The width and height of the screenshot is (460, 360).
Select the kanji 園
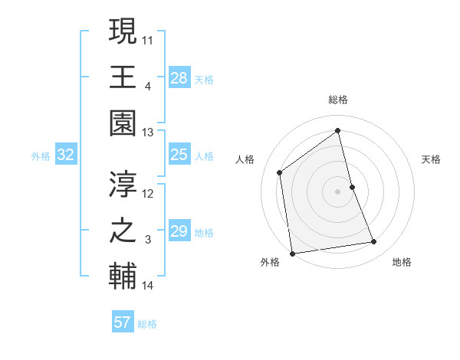click(123, 123)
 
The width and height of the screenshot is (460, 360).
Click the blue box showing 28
click(179, 77)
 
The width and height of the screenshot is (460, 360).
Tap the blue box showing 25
click(179, 155)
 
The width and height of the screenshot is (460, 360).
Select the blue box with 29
click(179, 231)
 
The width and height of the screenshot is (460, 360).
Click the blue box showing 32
click(66, 155)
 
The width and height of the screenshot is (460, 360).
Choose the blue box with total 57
click(123, 322)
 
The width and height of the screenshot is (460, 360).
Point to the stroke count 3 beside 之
click(147, 241)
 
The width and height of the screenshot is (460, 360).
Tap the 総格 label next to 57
click(147, 324)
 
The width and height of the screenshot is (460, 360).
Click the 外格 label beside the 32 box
click(41, 156)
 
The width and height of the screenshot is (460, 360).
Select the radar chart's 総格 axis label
click(338, 100)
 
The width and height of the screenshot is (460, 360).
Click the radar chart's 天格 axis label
click(432, 159)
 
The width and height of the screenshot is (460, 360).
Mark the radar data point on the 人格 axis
click(280, 172)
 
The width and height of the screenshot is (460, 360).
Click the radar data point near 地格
click(374, 242)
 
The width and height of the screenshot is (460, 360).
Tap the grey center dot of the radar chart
click(338, 191)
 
